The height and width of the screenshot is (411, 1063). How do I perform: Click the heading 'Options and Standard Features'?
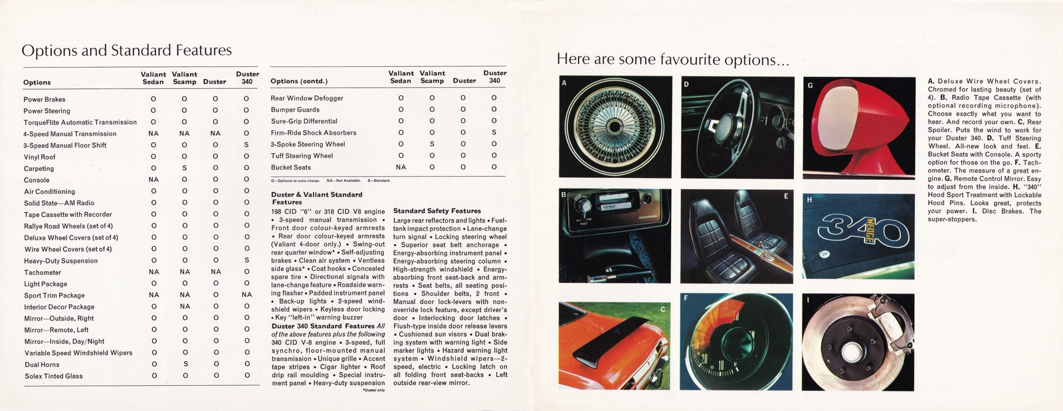[126, 50]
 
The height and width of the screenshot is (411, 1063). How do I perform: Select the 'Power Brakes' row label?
[45, 100]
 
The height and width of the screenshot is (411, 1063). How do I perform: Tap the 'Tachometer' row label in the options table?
[43, 272]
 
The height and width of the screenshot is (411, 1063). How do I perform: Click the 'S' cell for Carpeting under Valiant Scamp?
[185, 169]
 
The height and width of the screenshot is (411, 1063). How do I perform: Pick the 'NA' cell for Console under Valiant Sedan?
[153, 180]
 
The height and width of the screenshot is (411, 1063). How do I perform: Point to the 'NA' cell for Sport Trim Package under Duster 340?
[246, 295]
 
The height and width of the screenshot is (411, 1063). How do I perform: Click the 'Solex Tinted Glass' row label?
[53, 376]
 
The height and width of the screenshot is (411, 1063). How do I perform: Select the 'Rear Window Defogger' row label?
[307, 98]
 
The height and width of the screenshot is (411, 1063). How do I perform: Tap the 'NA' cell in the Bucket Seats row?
[401, 167]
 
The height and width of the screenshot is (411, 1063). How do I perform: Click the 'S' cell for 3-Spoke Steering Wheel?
[432, 144]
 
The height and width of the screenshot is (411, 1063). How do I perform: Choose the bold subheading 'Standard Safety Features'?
[437, 210]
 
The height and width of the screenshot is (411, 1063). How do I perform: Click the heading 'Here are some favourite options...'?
[672, 59]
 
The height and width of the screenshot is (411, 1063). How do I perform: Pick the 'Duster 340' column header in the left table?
[246, 78]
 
